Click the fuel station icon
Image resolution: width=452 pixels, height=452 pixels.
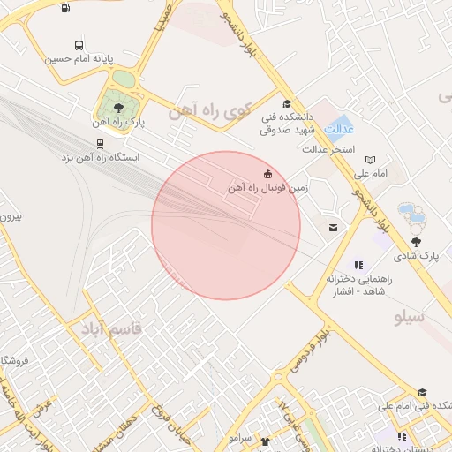coord(67,9)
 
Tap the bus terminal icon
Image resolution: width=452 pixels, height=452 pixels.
coord(79,45)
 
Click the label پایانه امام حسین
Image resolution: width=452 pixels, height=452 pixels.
coord(80,60)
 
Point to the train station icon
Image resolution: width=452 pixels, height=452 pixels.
coord(99,143)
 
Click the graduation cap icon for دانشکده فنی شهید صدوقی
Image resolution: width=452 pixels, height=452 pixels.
coord(286,103)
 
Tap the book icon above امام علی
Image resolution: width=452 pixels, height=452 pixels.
coord(370,160)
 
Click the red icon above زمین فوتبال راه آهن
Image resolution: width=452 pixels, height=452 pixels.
coord(267,172)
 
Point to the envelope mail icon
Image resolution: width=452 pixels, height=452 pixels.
coord(333,229)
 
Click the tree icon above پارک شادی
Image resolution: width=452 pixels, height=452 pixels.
coord(417,241)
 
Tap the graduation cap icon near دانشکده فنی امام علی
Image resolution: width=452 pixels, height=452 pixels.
coord(423,393)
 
